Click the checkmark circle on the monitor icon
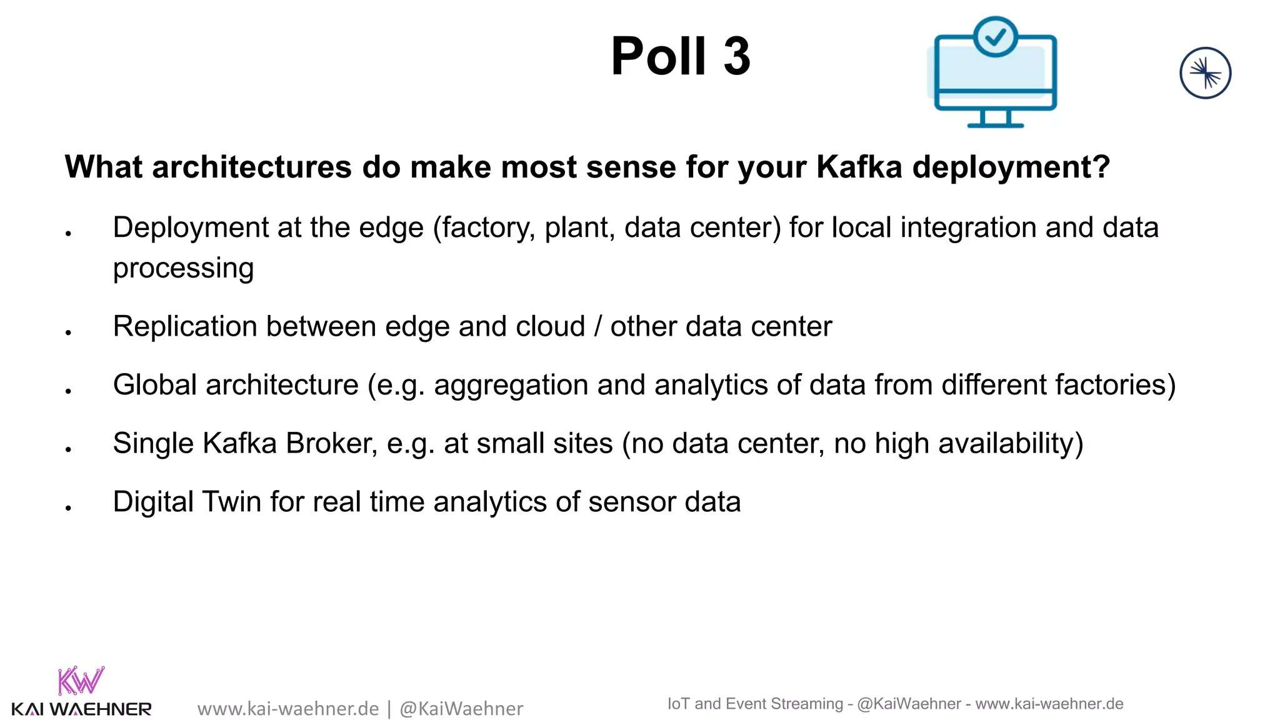(995, 37)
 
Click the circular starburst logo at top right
(1205, 73)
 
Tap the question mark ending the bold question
(1100, 167)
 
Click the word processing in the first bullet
(183, 269)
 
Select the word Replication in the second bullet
(185, 326)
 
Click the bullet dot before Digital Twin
(68, 507)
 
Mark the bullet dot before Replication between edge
(68, 332)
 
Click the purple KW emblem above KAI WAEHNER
(81, 681)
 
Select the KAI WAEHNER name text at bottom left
(81, 709)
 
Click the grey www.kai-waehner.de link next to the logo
(288, 709)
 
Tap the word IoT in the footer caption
(678, 704)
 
